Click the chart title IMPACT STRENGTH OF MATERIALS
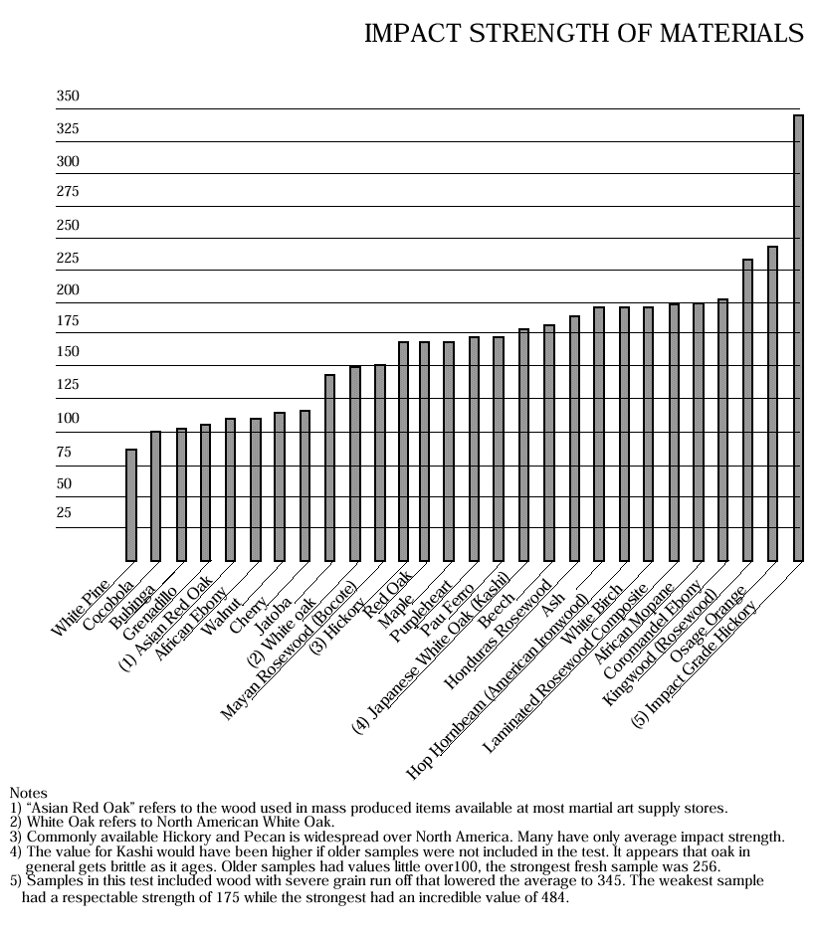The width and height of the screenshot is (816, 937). tap(584, 33)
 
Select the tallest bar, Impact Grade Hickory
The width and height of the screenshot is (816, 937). tap(798, 338)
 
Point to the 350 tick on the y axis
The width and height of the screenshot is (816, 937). tap(68, 97)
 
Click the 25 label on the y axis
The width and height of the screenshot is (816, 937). tap(64, 513)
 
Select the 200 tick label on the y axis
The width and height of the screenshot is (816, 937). tap(68, 290)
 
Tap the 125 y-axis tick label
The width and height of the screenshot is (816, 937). tap(68, 385)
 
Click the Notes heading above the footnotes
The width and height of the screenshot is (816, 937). tap(28, 793)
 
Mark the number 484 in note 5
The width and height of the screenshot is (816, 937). tap(552, 898)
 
